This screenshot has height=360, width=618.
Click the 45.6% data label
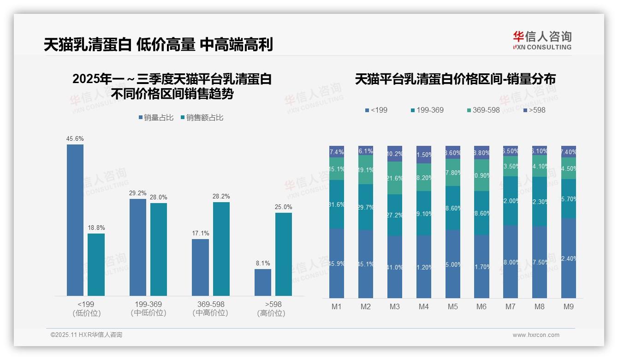75,138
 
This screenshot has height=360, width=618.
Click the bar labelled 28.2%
221,249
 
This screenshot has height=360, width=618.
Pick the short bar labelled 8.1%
263,282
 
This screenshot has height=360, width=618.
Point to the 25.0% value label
284,207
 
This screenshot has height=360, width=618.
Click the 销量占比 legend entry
156,118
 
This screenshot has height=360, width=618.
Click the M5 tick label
453,306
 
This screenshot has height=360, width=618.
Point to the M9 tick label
569,306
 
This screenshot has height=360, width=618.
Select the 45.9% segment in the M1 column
337,263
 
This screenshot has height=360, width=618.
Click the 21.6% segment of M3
395,178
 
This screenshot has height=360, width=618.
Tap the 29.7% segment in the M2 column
366,207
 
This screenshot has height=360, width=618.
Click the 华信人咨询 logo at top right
542,40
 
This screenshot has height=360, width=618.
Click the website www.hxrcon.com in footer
536,335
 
